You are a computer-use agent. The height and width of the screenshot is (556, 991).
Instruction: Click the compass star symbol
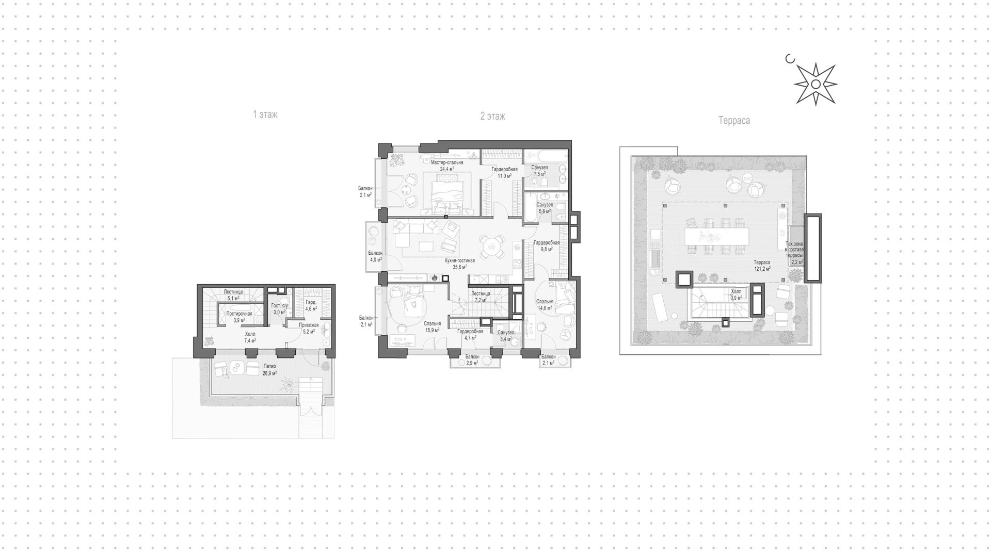816,84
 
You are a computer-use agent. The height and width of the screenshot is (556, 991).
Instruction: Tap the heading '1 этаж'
265,115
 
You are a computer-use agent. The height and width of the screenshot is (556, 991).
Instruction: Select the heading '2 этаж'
493,117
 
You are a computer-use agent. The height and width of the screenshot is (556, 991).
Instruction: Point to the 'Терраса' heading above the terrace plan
734,121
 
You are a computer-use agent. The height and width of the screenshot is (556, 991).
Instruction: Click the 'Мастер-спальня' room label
447,162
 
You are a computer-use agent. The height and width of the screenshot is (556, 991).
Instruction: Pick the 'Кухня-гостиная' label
460,261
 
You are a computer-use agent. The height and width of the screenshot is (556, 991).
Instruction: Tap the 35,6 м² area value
460,267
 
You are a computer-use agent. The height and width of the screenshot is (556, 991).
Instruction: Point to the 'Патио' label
269,366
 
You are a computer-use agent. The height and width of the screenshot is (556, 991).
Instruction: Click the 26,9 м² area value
269,373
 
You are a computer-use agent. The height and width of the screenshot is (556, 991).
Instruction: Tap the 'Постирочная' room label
239,314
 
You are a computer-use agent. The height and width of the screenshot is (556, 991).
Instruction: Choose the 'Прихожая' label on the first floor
309,325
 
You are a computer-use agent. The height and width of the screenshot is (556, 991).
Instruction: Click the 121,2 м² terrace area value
762,269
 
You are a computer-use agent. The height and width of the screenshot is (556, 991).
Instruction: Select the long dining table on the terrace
716,236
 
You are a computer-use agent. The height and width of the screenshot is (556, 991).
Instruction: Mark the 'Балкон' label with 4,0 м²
375,253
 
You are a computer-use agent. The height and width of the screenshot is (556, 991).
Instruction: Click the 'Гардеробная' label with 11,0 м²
504,169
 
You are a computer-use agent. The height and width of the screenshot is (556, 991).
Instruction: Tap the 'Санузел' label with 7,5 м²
540,168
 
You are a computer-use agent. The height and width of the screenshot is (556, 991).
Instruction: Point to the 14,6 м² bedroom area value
545,308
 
